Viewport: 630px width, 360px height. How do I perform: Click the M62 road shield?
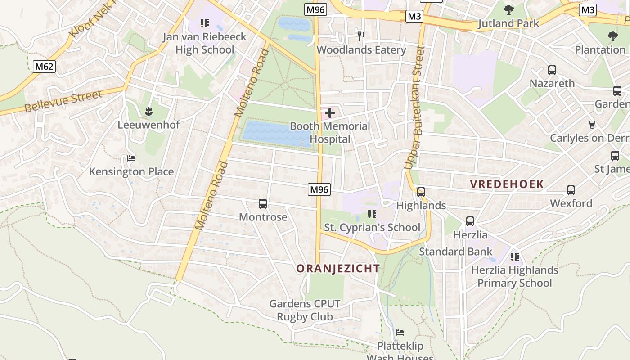click(44, 67)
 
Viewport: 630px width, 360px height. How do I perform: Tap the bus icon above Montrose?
click(263, 204)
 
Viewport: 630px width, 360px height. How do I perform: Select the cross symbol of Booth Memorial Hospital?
click(330, 113)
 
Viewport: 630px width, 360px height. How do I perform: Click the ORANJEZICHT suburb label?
click(338, 269)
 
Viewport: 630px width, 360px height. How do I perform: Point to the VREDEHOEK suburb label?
click(507, 184)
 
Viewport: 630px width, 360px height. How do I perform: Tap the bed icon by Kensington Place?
click(131, 158)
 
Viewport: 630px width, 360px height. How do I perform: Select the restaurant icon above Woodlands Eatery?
click(361, 36)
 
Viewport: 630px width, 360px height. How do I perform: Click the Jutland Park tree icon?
click(508, 9)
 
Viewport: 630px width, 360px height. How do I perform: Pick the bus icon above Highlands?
click(421, 192)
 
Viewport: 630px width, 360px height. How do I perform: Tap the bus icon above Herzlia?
click(470, 221)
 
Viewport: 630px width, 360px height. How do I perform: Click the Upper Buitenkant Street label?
click(415, 108)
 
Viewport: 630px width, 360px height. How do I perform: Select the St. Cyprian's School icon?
click(372, 214)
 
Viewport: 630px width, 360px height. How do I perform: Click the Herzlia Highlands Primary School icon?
click(514, 257)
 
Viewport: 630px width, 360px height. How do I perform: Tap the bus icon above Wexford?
click(571, 190)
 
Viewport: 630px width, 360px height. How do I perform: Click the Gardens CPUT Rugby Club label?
click(305, 310)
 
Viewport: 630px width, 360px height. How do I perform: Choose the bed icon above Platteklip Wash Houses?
click(400, 333)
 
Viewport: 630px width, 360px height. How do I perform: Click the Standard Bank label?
click(455, 252)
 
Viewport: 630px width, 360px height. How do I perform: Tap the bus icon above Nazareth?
click(552, 70)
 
